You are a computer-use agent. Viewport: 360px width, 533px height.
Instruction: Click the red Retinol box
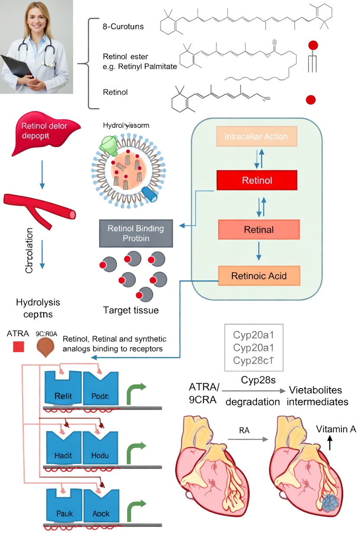coord(257,180)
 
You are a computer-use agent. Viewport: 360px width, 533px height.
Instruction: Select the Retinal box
coord(259,229)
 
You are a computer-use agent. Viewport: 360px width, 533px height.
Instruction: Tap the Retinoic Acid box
coord(259,276)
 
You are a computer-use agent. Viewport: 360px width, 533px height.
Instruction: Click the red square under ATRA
coord(18,347)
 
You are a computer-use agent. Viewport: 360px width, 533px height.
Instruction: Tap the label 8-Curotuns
coord(123,27)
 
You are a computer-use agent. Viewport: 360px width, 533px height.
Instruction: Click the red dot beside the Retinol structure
coord(310,100)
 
